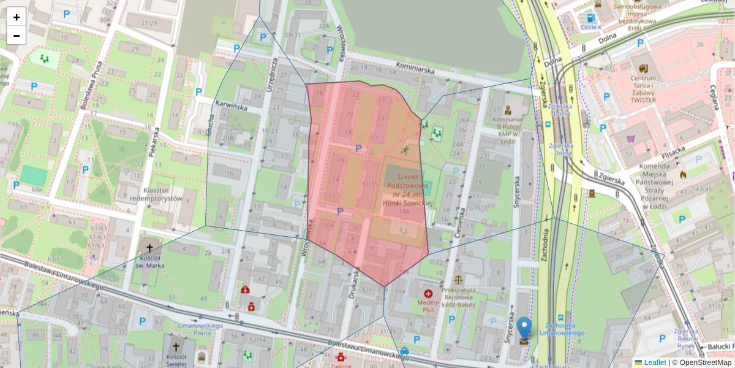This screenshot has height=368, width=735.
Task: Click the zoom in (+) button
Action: pos(17,17)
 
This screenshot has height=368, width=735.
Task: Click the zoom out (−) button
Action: pos(17,36)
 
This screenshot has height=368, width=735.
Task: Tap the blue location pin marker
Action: pos(524,330)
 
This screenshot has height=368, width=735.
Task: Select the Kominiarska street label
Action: pos(415,71)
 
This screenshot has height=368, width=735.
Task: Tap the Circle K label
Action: pos(591,28)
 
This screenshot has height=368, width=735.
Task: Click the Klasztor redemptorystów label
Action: pos(160,194)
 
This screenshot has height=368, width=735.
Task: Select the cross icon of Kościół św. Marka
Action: pos(150,248)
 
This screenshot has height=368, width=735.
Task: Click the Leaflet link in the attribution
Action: pos(655,362)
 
